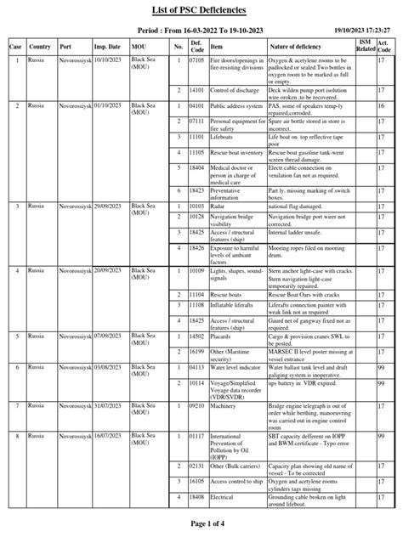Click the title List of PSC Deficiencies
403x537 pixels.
point(201,9)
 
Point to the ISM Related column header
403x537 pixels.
point(364,45)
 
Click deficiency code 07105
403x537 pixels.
point(196,60)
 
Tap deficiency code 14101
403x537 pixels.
point(196,89)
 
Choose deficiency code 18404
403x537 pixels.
point(196,169)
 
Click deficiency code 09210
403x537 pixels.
point(196,407)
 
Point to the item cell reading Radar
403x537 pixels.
point(219,206)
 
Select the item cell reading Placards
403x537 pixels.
point(224,336)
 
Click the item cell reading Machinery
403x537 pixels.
point(226,407)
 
